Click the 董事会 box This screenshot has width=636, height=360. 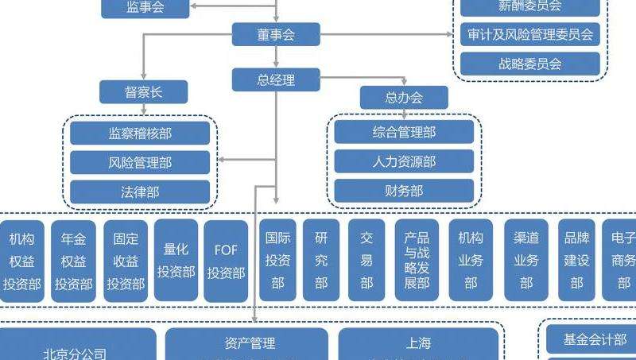pyautogui.click(x=276, y=34)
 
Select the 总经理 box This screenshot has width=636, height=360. pyautogui.click(x=276, y=79)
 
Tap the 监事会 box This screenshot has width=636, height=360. pyautogui.click(x=145, y=8)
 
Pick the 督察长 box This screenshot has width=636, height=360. pyautogui.click(x=143, y=92)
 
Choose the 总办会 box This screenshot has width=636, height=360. pyautogui.click(x=404, y=98)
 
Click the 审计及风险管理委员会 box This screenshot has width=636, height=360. pyautogui.click(x=530, y=34)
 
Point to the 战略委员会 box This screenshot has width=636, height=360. pyautogui.click(x=530, y=64)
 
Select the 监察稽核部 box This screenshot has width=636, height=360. pyautogui.click(x=140, y=133)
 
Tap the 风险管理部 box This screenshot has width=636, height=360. pyautogui.click(x=140, y=162)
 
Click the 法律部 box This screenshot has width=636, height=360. pyautogui.click(x=140, y=192)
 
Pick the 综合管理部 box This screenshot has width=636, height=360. pyautogui.click(x=404, y=132)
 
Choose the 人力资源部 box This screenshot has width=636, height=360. pyautogui.click(x=404, y=161)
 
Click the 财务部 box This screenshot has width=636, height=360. pyautogui.click(x=404, y=191)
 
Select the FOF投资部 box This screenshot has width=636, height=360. pyautogui.click(x=226, y=261)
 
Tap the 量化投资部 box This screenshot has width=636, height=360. pyautogui.click(x=176, y=261)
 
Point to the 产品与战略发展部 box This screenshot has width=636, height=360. pyautogui.click(x=417, y=261)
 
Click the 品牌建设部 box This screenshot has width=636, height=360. pyautogui.click(x=576, y=261)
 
